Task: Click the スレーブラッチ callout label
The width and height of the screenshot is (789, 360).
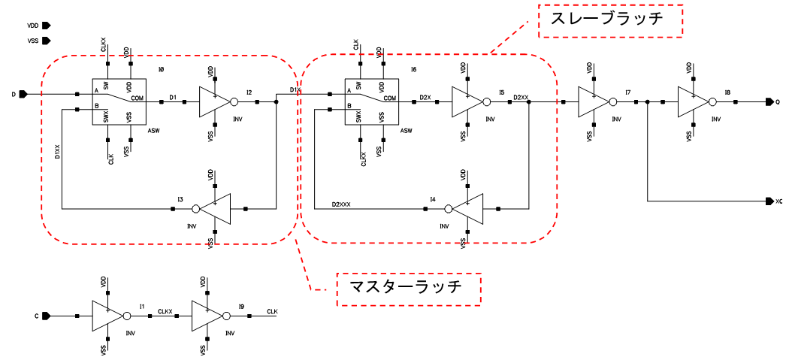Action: pyautogui.click(x=609, y=20)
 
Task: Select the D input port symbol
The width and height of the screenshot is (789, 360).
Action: pyautogui.click(x=23, y=94)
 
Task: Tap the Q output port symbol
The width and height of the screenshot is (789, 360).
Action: pyautogui.click(x=769, y=101)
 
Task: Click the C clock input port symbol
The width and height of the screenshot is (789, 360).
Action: pyautogui.click(x=45, y=316)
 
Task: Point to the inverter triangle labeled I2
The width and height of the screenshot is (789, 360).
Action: pyautogui.click(x=216, y=101)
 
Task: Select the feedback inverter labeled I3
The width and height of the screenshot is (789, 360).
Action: pyautogui.click(x=213, y=208)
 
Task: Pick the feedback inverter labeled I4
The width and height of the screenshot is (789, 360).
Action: pyautogui.click(x=465, y=208)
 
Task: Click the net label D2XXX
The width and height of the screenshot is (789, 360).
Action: pyautogui.click(x=341, y=204)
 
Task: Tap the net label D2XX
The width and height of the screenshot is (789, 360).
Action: pyautogui.click(x=520, y=97)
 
